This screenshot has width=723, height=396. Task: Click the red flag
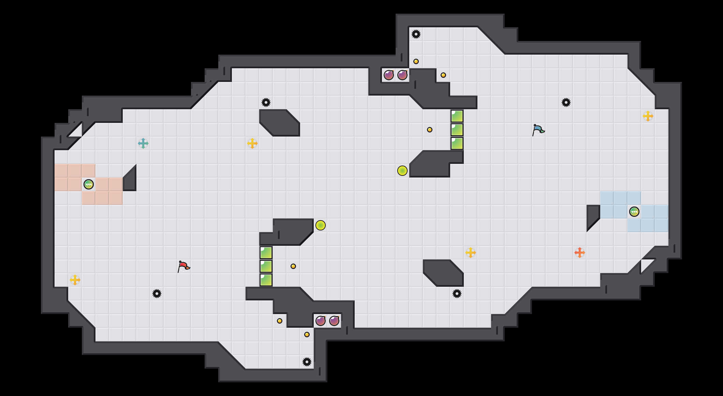click(183, 266)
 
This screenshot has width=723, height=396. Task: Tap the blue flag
click(538, 130)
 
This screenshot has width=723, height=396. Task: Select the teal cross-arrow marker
click(143, 143)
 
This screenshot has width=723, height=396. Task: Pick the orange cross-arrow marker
click(580, 253)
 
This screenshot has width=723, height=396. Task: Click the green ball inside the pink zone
click(89, 184)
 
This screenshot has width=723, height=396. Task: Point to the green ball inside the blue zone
click(634, 212)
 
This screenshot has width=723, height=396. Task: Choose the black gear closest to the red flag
click(157, 294)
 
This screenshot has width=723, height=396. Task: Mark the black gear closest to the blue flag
click(566, 102)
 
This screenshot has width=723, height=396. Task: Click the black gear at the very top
click(416, 34)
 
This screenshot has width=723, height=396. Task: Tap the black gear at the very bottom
click(307, 362)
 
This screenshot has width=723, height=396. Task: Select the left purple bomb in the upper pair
click(389, 75)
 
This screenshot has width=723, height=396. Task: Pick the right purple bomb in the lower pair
click(334, 321)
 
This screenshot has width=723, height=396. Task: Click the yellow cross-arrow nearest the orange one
click(471, 253)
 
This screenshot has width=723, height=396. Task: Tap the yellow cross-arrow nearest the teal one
click(252, 143)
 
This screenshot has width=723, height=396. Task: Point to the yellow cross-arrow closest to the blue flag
click(648, 116)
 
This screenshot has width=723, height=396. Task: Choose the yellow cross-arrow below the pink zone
click(75, 280)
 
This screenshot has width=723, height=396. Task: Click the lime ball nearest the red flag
click(321, 225)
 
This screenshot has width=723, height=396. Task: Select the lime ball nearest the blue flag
click(402, 171)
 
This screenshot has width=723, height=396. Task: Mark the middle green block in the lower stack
click(266, 266)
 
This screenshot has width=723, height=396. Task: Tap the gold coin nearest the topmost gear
click(416, 61)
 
